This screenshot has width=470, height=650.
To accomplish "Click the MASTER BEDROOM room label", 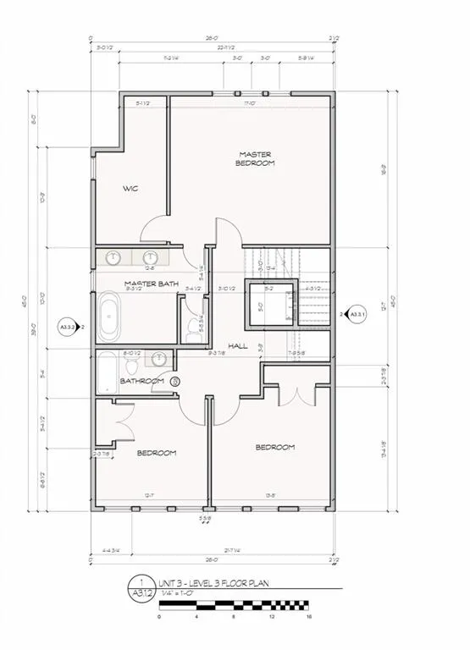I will click(x=254, y=158).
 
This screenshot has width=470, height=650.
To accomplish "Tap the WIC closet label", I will click(x=130, y=188).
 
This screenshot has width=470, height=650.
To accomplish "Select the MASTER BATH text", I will click(x=150, y=283).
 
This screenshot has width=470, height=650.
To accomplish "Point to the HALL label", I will click(x=238, y=345).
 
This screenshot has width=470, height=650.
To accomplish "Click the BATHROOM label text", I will click(x=141, y=381).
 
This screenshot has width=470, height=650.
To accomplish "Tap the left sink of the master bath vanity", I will click(x=113, y=257).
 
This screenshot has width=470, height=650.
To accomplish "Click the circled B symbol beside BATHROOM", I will click(x=175, y=382).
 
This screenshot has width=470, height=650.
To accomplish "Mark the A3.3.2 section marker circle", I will click(x=67, y=326).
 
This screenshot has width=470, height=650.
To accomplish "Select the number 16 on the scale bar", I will click(x=310, y=618).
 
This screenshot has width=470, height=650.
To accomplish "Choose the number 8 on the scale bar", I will click(x=234, y=618).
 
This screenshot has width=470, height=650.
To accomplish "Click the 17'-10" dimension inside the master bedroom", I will click(x=250, y=104).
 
